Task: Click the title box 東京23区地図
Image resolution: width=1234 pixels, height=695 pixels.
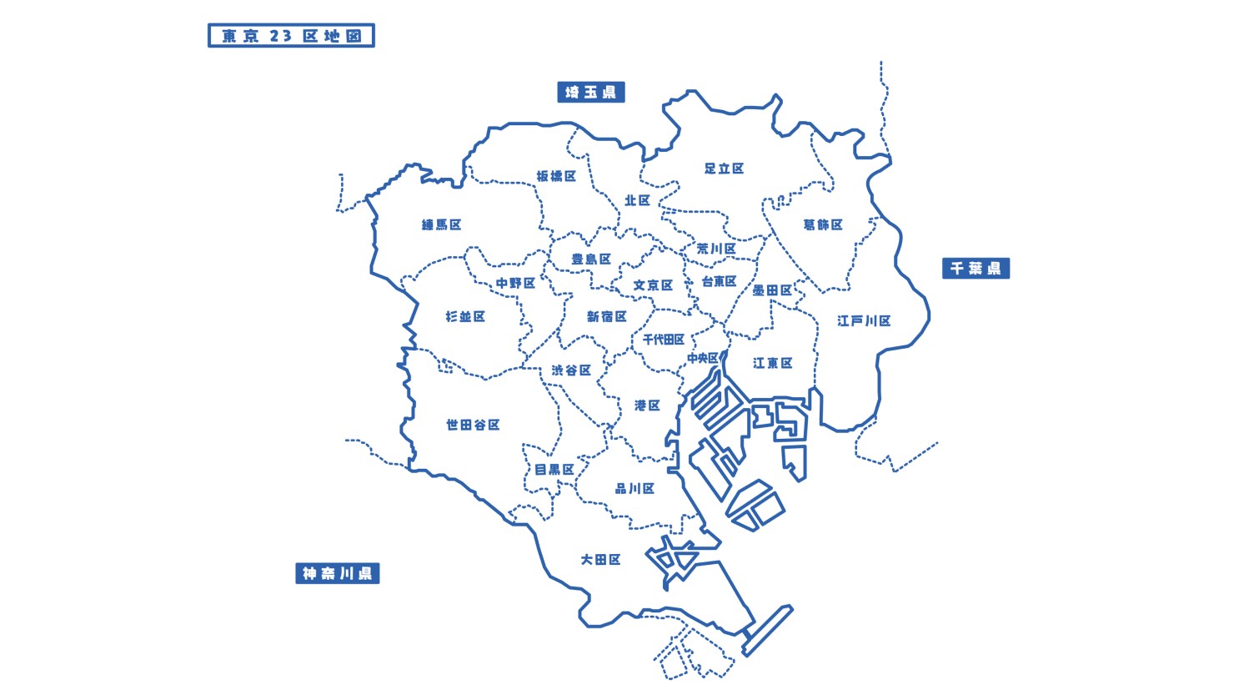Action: (x=291, y=36)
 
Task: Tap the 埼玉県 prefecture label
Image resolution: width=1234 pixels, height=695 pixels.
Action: (x=590, y=92)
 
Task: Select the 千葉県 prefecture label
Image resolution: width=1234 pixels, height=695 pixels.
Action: (x=976, y=268)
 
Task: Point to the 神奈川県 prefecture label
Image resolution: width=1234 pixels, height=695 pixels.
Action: (x=338, y=573)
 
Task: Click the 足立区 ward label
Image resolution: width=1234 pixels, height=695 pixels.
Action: (x=724, y=169)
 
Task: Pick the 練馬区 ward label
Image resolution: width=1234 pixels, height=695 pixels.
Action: (x=441, y=224)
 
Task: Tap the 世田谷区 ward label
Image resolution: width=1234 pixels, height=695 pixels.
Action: (x=473, y=425)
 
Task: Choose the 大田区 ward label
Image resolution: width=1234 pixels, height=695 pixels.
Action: (x=600, y=559)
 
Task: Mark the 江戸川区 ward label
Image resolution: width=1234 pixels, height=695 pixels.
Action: (x=864, y=320)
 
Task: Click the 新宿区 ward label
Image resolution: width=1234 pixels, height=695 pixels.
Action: (x=606, y=316)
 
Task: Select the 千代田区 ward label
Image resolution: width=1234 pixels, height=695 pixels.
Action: (x=664, y=340)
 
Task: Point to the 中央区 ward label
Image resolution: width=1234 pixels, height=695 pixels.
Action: (x=702, y=358)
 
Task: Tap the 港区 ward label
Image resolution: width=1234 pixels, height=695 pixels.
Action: (x=647, y=405)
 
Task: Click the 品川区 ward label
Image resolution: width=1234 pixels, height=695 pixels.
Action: (x=635, y=488)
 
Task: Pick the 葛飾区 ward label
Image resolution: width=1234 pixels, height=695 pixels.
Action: (x=823, y=224)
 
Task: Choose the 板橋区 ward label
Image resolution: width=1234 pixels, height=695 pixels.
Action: (x=556, y=176)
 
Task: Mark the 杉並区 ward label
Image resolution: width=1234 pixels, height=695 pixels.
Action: (x=465, y=316)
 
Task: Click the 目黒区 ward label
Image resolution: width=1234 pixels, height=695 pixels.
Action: (x=554, y=470)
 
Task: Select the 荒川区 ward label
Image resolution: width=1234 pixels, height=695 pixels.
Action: (x=716, y=249)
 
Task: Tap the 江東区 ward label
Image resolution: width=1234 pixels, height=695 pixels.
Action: (x=772, y=363)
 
